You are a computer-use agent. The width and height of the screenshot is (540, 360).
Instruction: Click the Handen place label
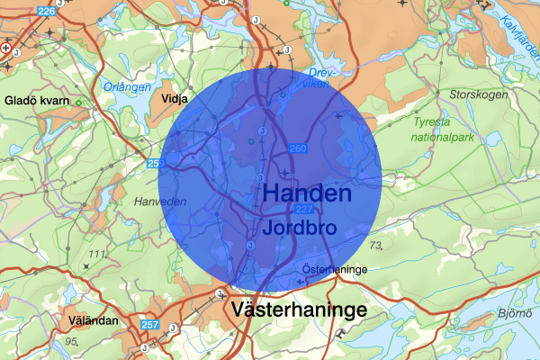click(x=307, y=193)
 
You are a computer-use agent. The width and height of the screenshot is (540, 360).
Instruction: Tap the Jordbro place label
click(x=300, y=228)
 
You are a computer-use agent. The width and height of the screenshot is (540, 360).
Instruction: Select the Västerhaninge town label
click(x=299, y=310)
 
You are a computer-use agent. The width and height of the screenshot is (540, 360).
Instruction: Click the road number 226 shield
click(x=47, y=10)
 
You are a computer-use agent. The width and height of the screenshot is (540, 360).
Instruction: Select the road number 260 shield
click(x=296, y=148)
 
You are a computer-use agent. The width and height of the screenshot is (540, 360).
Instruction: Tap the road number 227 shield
click(x=303, y=209)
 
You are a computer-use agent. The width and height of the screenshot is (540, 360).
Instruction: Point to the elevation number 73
click(x=375, y=245)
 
